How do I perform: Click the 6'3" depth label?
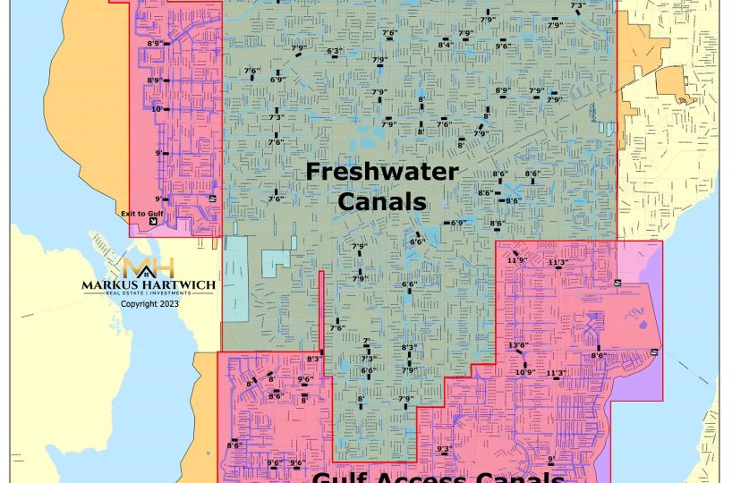(x=335, y=51)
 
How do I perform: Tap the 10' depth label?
(x=157, y=109)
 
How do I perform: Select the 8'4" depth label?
(x=445, y=44)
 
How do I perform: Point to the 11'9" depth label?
(x=516, y=260)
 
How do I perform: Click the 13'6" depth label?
(x=518, y=345)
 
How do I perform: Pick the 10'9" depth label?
(x=524, y=372)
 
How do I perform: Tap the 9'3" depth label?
(x=444, y=448)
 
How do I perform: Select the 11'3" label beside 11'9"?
(x=557, y=262)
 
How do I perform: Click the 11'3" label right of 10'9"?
(x=556, y=372)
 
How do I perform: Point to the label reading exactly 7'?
(x=366, y=342)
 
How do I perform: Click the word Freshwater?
(x=382, y=172)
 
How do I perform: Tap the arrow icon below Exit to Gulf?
(x=152, y=222)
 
